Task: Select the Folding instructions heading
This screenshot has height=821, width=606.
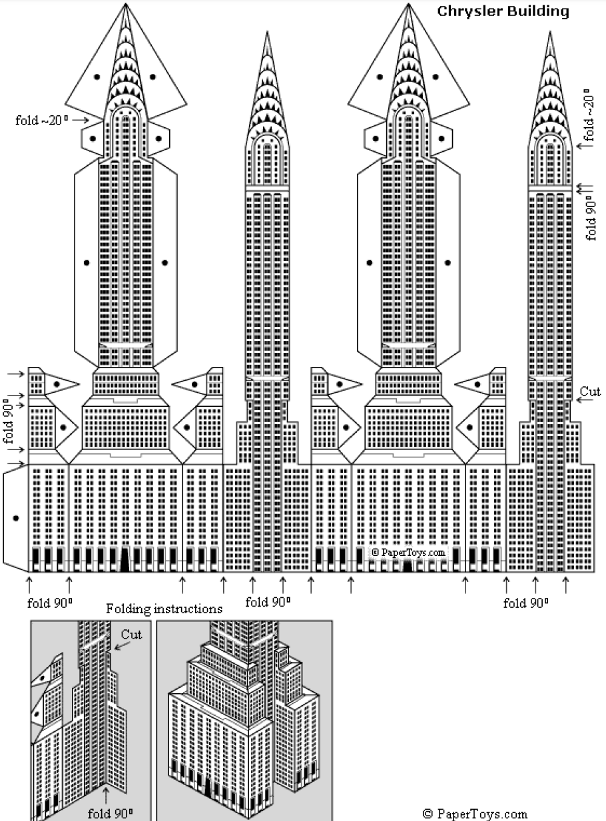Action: [x=164, y=608]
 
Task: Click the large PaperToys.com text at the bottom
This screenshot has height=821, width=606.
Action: [x=481, y=813]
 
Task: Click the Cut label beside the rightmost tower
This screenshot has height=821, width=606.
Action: [x=589, y=392]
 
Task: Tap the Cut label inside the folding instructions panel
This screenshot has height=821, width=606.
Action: [x=131, y=635]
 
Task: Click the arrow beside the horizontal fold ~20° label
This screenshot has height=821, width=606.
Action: [x=81, y=120]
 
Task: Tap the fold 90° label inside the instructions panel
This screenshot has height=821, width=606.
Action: [x=110, y=813]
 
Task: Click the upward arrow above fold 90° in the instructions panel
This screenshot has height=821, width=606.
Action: [x=106, y=794]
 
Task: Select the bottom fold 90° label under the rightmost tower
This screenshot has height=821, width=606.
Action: [x=525, y=603]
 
